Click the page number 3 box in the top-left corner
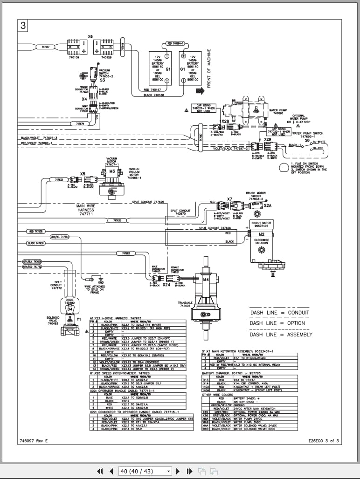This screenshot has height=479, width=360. (x=23, y=26)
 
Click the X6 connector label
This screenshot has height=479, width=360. (x=90, y=36)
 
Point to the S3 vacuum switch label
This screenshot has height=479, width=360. (x=103, y=80)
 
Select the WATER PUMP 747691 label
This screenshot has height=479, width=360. (x=278, y=112)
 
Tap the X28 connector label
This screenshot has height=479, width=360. (x=225, y=121)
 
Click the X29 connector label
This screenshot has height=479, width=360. (x=267, y=139)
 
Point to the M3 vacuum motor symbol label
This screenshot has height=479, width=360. (x=112, y=171)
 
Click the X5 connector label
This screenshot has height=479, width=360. (x=83, y=174)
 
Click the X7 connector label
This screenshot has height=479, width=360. (x=229, y=199)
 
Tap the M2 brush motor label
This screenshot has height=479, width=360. (x=262, y=234)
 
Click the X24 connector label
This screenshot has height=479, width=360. (x=166, y=284)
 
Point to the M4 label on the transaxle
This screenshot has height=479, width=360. (x=206, y=280)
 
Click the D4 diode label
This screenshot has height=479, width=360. (x=69, y=309)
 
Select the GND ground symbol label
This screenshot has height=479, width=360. (x=101, y=282)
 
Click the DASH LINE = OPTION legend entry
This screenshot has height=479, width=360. (x=277, y=323)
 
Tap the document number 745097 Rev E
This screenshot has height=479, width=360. (x=36, y=441)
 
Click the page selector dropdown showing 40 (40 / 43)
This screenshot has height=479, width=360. (x=145, y=471)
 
